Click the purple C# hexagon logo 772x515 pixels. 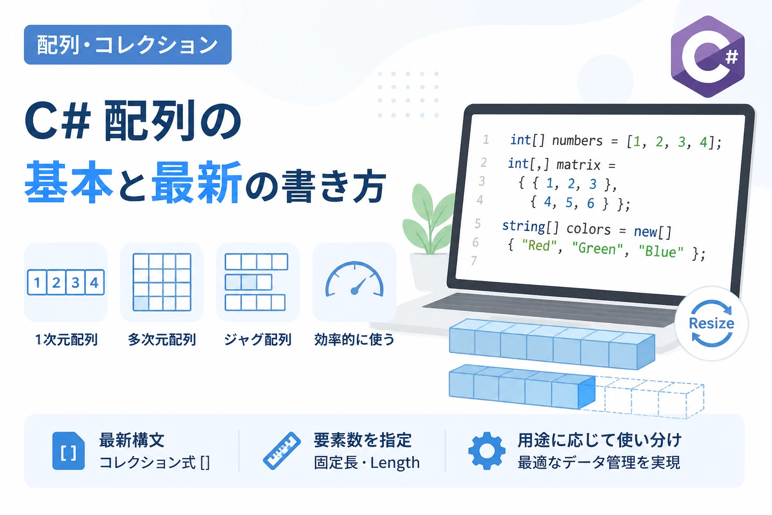coord(708,56)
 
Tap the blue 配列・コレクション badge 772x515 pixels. coord(128,44)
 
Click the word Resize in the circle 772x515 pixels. coord(711,323)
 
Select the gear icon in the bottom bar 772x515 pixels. coord(487,451)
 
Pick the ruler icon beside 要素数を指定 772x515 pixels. coord(282,451)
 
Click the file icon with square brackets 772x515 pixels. coord(68,451)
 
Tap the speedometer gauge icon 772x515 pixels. coord(354,279)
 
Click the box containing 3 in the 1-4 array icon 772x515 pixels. coord(75,283)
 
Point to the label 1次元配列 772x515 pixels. coord(66,340)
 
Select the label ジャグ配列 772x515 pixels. coord(258,340)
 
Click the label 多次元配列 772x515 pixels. coord(162,340)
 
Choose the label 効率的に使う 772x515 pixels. coord(354,340)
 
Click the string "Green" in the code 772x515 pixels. coord(597,248)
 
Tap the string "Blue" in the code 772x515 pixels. coord(661,251)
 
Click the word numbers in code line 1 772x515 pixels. coord(577,141)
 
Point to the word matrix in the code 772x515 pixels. coord(578,165)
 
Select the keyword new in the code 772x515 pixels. coord(645,231)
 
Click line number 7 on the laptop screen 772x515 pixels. coord(474,261)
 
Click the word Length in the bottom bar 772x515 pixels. coord(395,463)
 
